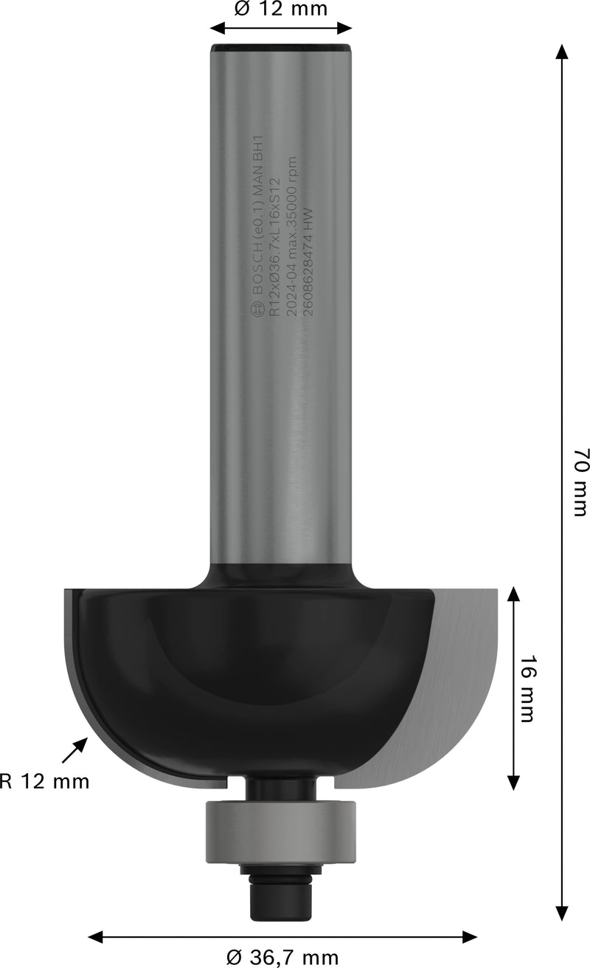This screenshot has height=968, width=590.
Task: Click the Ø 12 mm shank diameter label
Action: click(x=280, y=9)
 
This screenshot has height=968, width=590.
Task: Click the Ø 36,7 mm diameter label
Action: click(x=282, y=958)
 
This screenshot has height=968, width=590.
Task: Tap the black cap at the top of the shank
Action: click(x=281, y=49)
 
